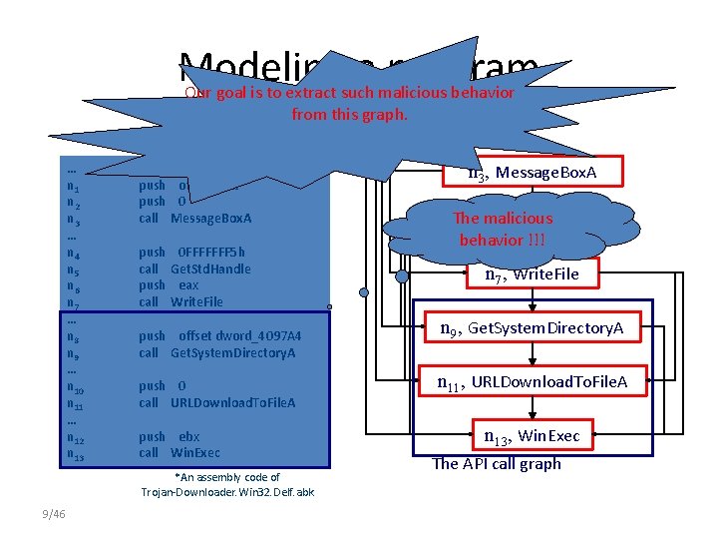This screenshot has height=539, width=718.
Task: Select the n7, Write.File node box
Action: point(531,274)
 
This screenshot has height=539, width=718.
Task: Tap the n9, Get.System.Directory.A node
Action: point(533,327)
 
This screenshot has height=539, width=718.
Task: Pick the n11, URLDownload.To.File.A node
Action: point(535,380)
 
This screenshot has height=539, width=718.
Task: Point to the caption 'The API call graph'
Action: point(497,463)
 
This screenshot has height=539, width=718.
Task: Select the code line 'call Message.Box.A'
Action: point(195,219)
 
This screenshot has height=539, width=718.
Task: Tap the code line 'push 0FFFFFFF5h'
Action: point(191,253)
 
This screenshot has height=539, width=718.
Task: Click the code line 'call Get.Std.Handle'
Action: point(194,269)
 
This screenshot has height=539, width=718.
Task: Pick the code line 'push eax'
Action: point(169,285)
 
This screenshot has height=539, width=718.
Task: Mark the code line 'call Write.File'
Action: point(180,301)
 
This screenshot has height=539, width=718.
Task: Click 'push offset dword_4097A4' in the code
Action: point(220,336)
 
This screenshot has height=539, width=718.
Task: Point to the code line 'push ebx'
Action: point(169,436)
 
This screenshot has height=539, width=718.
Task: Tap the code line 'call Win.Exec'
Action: point(179,452)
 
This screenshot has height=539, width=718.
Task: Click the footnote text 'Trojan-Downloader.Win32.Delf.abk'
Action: point(227,492)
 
